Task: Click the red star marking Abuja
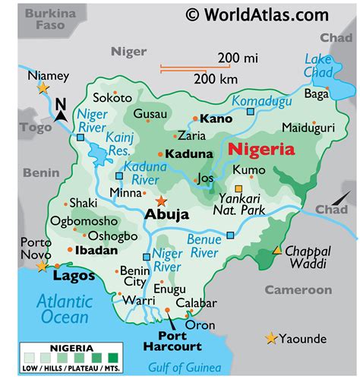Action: coord(160,201)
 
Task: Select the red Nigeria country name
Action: coord(262,150)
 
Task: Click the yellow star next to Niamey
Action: coord(43,88)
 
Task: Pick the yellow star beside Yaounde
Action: coord(270,338)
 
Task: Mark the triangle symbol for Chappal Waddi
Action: coord(277,250)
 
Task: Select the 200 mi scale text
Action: coord(238,57)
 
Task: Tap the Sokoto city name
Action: coord(112,97)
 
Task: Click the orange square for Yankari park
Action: coord(238,188)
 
